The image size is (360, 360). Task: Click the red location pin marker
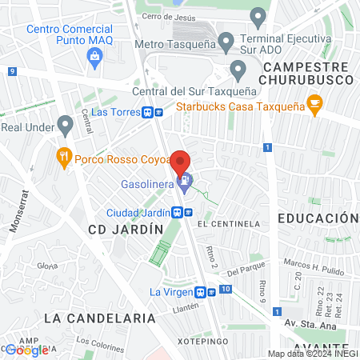pos(182,161)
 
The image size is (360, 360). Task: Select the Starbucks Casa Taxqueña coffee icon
pos(315,103)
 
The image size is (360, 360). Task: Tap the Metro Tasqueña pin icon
pos(226,42)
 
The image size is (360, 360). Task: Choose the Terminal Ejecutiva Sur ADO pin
pos(258,16)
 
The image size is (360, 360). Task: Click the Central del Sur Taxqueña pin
pos(238,70)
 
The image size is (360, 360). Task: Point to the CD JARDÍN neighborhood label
pos(125,230)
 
